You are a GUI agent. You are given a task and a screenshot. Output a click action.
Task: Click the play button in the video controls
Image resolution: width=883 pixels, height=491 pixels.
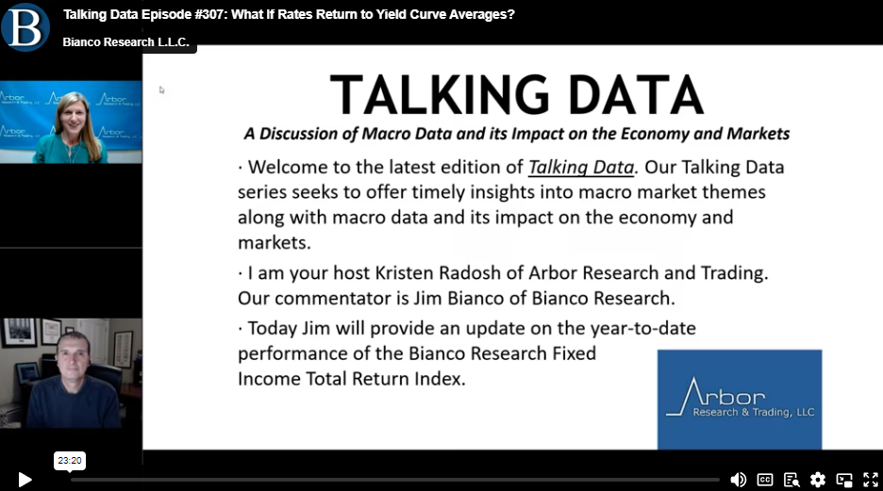(25, 480)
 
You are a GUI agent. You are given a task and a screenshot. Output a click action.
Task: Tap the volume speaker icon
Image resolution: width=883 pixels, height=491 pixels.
(739, 480)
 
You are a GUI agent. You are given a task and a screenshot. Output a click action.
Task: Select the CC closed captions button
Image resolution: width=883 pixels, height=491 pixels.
(765, 480)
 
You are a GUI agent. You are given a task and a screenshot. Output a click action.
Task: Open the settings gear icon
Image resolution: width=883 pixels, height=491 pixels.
(818, 480)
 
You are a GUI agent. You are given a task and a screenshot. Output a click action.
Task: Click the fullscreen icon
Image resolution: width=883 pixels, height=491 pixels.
(871, 480)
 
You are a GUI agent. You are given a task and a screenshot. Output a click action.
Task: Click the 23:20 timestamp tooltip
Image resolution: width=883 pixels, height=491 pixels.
(70, 461)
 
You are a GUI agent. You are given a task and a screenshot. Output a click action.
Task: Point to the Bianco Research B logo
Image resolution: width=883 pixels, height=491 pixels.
(25, 27)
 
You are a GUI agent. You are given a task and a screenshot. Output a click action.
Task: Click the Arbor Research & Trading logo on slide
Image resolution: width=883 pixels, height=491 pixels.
(740, 400)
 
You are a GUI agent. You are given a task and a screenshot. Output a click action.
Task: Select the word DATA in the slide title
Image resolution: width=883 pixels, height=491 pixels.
(637, 94)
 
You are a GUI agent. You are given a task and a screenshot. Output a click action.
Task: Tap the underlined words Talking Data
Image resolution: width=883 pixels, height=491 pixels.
(581, 167)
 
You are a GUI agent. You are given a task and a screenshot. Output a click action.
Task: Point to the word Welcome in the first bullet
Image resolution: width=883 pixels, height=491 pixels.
(289, 167)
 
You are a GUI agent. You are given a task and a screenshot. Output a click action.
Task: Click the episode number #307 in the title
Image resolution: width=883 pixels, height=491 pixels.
(210, 15)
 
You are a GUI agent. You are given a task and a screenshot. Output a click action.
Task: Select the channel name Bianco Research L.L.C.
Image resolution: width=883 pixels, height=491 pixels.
(126, 42)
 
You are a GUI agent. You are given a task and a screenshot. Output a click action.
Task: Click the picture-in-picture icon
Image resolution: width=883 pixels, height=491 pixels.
(844, 480)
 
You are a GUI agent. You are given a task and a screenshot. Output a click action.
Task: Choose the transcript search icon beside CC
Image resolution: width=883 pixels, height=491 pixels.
(791, 480)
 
